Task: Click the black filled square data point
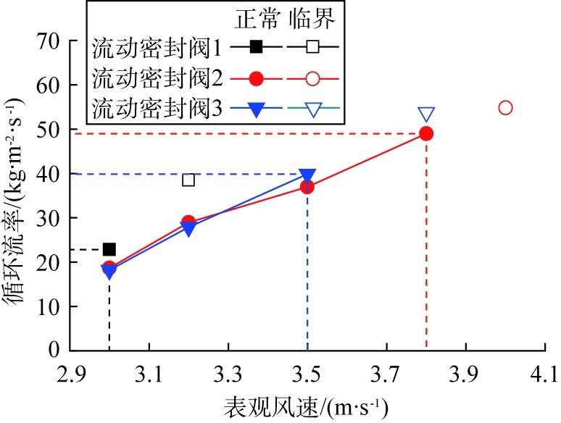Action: [109, 249]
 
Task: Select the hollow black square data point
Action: [188, 180]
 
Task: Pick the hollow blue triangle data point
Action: [426, 114]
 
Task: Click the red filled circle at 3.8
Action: [426, 133]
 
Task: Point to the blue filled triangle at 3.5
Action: [307, 175]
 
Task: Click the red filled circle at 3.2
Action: [188, 222]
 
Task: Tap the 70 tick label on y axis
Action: [47, 41]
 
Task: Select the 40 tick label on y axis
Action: [47, 174]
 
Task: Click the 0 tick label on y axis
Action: [54, 351]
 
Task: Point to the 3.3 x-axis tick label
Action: [228, 375]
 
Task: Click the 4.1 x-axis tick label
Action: [545, 375]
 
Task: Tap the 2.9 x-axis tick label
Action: [70, 375]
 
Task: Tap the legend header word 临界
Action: [312, 20]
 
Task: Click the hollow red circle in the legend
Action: [313, 78]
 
